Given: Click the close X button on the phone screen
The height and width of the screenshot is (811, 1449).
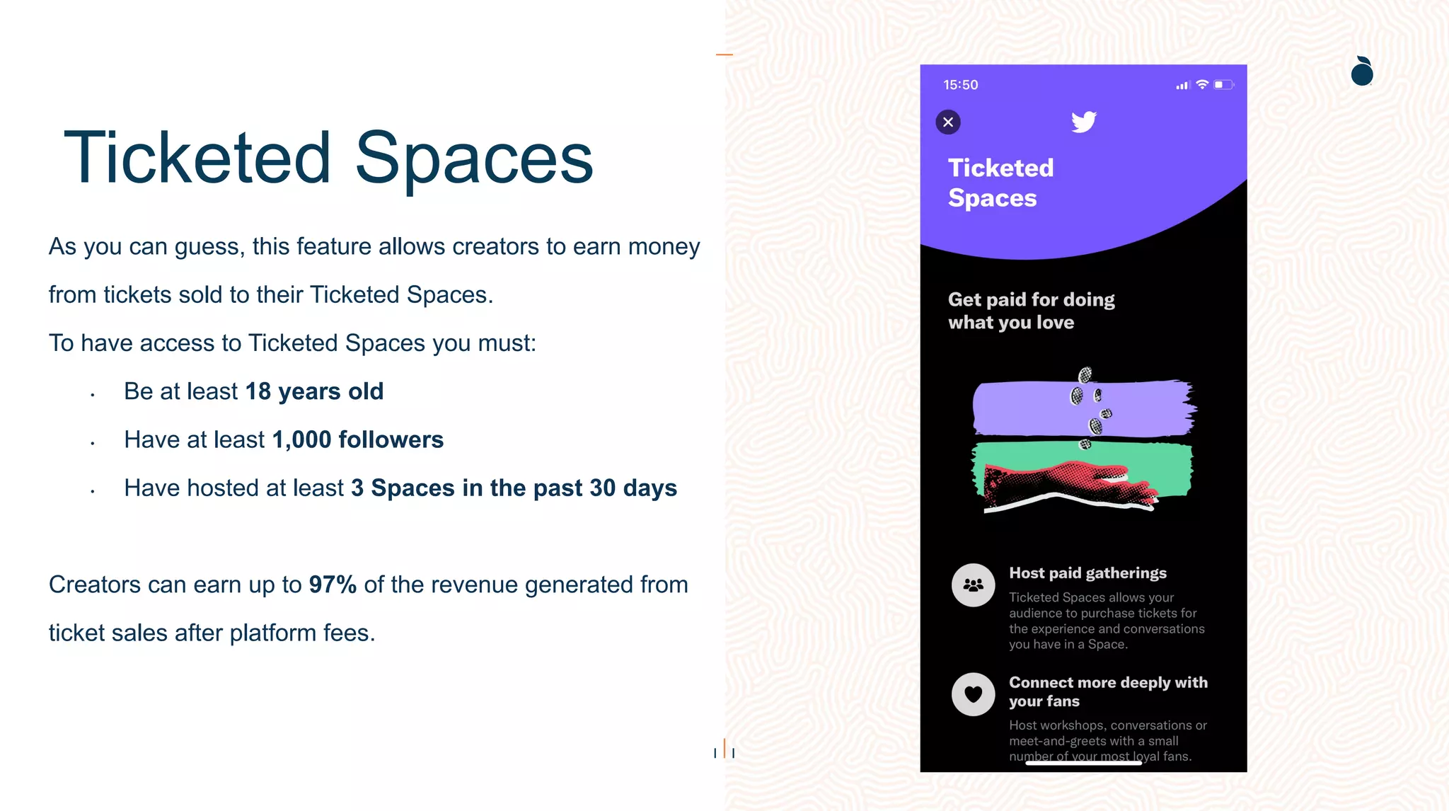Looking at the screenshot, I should (948, 122).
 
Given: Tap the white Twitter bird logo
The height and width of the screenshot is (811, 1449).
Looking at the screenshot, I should (1083, 122).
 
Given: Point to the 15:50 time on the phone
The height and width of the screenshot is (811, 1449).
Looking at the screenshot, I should (960, 85).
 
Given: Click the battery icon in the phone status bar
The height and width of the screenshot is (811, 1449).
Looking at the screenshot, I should (1223, 85).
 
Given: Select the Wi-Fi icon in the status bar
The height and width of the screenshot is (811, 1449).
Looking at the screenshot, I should (1202, 85).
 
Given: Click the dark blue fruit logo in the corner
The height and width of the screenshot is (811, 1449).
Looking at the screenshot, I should (1362, 71).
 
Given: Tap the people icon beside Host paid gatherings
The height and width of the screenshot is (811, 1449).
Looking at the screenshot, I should (974, 585).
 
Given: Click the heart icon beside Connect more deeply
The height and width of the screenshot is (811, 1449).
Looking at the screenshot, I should (974, 694).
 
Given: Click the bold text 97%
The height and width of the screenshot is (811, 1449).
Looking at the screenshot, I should (333, 585).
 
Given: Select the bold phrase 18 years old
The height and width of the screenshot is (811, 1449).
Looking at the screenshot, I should (314, 391).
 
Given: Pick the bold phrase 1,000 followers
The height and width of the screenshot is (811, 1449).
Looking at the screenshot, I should (358, 439).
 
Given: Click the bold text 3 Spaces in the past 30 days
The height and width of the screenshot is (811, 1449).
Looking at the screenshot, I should (514, 488).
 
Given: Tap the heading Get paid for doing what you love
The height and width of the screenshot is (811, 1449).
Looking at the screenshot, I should (1031, 311).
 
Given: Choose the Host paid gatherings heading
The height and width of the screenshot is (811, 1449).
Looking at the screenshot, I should (1087, 573).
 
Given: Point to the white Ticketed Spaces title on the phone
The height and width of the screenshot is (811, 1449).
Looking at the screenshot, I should (1000, 183).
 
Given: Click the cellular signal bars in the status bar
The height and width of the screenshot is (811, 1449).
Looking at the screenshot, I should (1182, 86).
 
